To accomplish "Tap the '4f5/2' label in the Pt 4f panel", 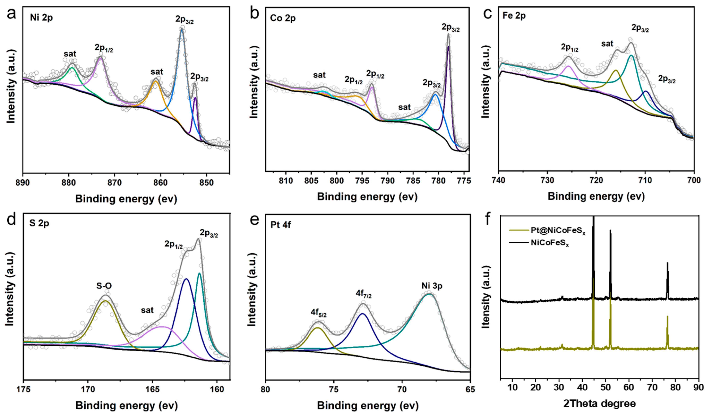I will point(319,313).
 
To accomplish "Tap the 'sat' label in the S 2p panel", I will point(147,310).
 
